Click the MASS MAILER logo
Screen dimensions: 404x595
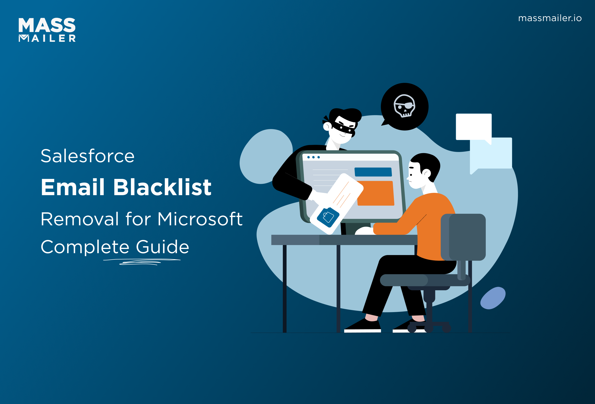(47, 30)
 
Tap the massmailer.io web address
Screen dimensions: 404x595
(550, 18)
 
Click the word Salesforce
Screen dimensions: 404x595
(87, 156)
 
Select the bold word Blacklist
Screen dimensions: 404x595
(162, 187)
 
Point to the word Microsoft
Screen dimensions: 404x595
(200, 219)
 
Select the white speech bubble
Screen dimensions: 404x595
(473, 126)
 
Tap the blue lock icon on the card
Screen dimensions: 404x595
(328, 217)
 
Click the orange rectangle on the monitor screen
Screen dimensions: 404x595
(376, 193)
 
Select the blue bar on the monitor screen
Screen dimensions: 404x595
(373, 172)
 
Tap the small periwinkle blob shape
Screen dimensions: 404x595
(493, 298)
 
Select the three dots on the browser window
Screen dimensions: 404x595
(313, 157)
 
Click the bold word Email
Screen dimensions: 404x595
(73, 187)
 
